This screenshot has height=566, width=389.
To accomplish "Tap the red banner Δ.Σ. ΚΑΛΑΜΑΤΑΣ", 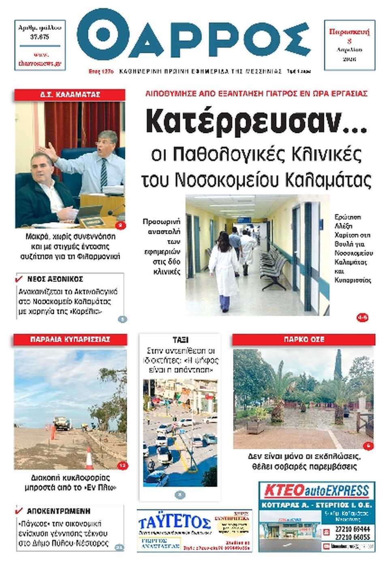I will coord(70,95).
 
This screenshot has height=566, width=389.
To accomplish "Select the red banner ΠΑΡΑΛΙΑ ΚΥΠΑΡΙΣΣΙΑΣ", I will coord(70,339).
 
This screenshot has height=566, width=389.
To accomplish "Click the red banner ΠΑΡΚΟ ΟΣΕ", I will coord(304,339).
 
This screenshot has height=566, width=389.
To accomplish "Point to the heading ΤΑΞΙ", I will coord(180,340).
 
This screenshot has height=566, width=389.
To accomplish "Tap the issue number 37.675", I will coord(40,37).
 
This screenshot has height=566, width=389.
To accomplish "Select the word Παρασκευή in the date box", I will coord(349,32).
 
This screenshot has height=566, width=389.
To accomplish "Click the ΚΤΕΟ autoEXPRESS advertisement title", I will coord(316,491).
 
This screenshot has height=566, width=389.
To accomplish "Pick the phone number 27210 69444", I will coord(352,529).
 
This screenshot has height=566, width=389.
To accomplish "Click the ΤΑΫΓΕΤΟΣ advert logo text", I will coord(174,522).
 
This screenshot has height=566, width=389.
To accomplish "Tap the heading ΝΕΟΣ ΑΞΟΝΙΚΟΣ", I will coord(55,279).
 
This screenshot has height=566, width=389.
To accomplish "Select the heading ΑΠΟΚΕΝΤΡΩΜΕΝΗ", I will coord(58,511).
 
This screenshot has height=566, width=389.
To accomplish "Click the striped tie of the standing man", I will coord(104,172).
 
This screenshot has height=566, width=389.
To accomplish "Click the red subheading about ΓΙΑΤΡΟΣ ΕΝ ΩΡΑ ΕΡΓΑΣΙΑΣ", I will coord(256,94).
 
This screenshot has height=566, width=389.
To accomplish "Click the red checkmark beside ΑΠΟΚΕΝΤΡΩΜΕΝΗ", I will coord(19,511).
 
